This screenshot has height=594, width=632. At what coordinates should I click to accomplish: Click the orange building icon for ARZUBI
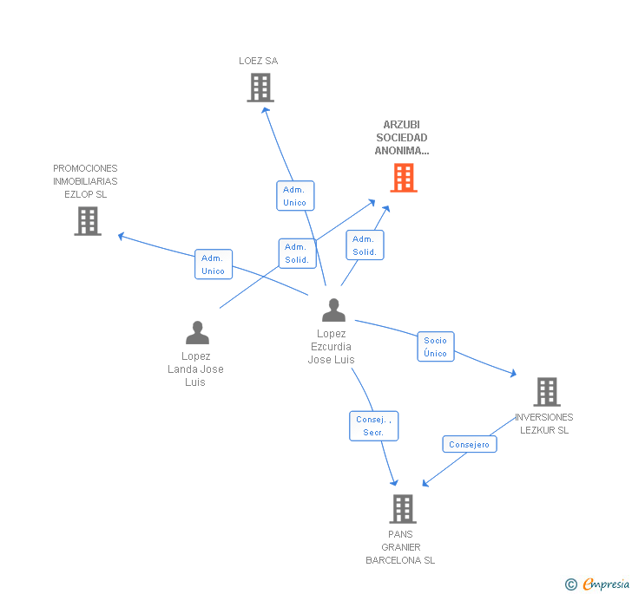(x=403, y=178)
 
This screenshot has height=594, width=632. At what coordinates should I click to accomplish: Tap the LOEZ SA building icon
(x=260, y=88)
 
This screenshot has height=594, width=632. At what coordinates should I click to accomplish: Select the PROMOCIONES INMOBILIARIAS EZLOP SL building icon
(x=88, y=221)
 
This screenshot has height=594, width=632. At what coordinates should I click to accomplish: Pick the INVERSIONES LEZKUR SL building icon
(x=546, y=392)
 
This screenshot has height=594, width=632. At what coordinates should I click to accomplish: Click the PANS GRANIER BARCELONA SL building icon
(x=403, y=509)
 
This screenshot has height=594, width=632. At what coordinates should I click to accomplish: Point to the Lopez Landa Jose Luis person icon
(x=197, y=333)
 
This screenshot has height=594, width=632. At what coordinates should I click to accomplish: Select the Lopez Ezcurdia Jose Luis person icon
(x=333, y=310)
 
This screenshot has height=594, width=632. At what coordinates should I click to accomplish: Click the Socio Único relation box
(x=436, y=347)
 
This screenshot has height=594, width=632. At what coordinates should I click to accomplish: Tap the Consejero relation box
(x=470, y=444)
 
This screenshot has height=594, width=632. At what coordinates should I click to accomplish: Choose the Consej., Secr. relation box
(x=374, y=426)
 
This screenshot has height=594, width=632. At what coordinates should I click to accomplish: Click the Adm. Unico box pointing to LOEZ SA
(x=295, y=196)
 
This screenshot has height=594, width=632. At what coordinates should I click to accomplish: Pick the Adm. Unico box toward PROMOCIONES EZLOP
(x=213, y=264)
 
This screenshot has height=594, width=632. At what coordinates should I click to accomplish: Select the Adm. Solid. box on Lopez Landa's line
(x=297, y=253)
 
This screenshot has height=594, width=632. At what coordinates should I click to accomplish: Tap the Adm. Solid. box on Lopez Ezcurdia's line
(x=365, y=245)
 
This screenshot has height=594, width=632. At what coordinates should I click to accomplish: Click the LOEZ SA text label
(x=259, y=61)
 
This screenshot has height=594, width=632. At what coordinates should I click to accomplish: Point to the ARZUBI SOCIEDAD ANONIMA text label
(x=402, y=137)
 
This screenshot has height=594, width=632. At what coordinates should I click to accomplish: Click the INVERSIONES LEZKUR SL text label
(x=544, y=423)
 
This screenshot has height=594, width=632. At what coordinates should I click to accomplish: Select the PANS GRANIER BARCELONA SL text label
(x=400, y=547)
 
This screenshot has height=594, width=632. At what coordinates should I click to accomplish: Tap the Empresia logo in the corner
(x=598, y=584)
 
